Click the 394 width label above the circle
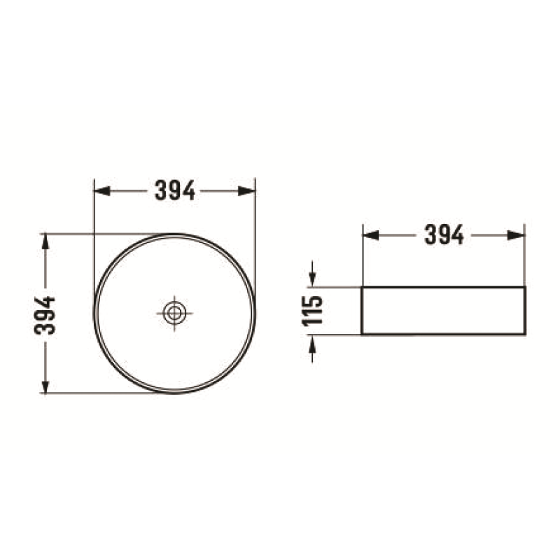(175, 190)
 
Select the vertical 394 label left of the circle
(45, 316)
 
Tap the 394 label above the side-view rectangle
(444, 234)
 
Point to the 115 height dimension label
(312, 311)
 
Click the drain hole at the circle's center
(174, 314)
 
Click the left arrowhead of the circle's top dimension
(101, 190)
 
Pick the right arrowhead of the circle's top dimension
(247, 190)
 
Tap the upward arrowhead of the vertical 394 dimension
(45, 241)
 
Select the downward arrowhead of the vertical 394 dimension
(45, 386)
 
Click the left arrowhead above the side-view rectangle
(371, 235)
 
